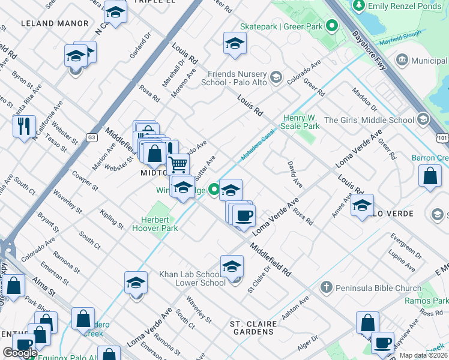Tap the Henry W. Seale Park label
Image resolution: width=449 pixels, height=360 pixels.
point(302,122)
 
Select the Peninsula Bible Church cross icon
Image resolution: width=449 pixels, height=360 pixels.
point(327,287)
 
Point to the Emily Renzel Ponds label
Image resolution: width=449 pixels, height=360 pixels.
point(403,5)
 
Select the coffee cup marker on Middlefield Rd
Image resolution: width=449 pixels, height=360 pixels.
point(244,215)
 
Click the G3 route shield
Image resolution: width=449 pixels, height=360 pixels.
point(91,137)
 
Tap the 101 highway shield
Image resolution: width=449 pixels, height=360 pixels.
point(442,138)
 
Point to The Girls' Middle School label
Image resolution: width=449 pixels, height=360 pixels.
point(369,120)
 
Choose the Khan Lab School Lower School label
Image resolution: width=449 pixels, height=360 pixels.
point(192,278)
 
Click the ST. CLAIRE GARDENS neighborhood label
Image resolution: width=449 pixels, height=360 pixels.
point(254,328)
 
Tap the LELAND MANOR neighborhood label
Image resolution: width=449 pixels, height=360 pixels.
point(55,23)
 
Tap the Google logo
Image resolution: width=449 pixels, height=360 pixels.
point(20,353)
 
